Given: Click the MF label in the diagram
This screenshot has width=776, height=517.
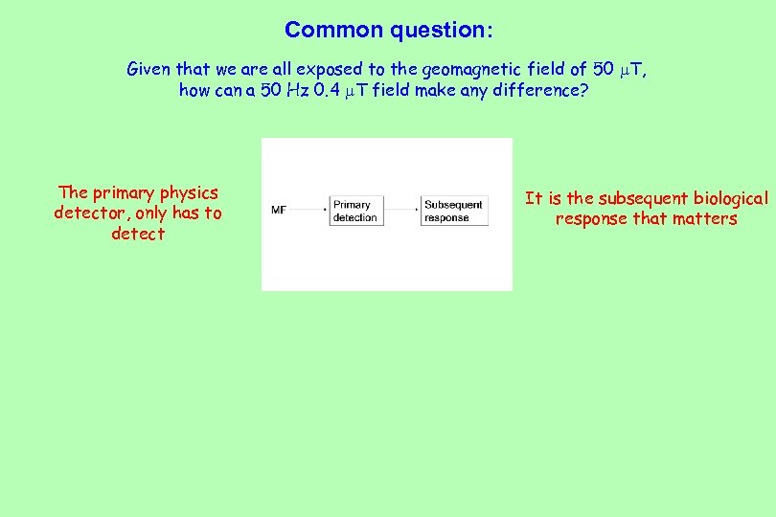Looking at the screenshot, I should coord(279,209).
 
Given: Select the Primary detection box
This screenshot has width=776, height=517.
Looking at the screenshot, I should coord(355,211).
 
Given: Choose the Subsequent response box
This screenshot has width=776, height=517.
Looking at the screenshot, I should coord(454,211).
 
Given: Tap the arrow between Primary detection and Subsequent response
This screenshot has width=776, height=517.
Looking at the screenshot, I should coord(401,208).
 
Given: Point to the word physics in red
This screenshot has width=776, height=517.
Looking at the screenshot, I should coord(189,192).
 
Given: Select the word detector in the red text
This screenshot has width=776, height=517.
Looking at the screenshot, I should coord(91,214).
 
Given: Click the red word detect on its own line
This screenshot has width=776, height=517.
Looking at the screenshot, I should coord(138,235).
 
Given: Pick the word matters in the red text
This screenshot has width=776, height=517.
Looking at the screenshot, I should coord(705,219).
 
